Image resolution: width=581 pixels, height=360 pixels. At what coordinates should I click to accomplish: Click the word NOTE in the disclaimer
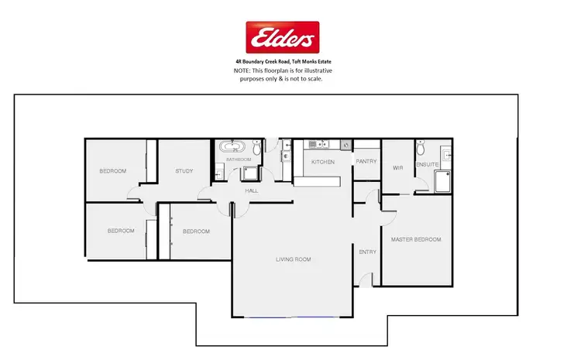pos(242,70)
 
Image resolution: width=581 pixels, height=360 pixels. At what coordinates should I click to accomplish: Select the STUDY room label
pos(184,171)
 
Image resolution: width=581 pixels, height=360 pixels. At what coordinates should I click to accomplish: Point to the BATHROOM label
pos(238,159)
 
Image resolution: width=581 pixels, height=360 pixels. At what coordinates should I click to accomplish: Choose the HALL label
pos(252,190)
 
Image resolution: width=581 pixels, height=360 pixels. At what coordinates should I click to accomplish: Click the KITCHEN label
pos(322,162)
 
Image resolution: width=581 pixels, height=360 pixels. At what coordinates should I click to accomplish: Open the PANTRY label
pos(366,161)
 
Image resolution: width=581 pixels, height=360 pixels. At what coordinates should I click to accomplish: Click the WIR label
pos(397,166)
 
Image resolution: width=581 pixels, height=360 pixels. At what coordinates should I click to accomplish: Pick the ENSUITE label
pos(428,165)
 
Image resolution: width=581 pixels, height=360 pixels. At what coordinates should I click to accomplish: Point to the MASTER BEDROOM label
pos(416,239)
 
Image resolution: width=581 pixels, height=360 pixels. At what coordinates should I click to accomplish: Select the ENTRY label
pos(366,252)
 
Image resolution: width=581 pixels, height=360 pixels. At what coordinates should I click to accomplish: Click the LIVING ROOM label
pos(294,259)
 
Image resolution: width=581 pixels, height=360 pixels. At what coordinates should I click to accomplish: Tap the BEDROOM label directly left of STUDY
pos(112,171)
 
